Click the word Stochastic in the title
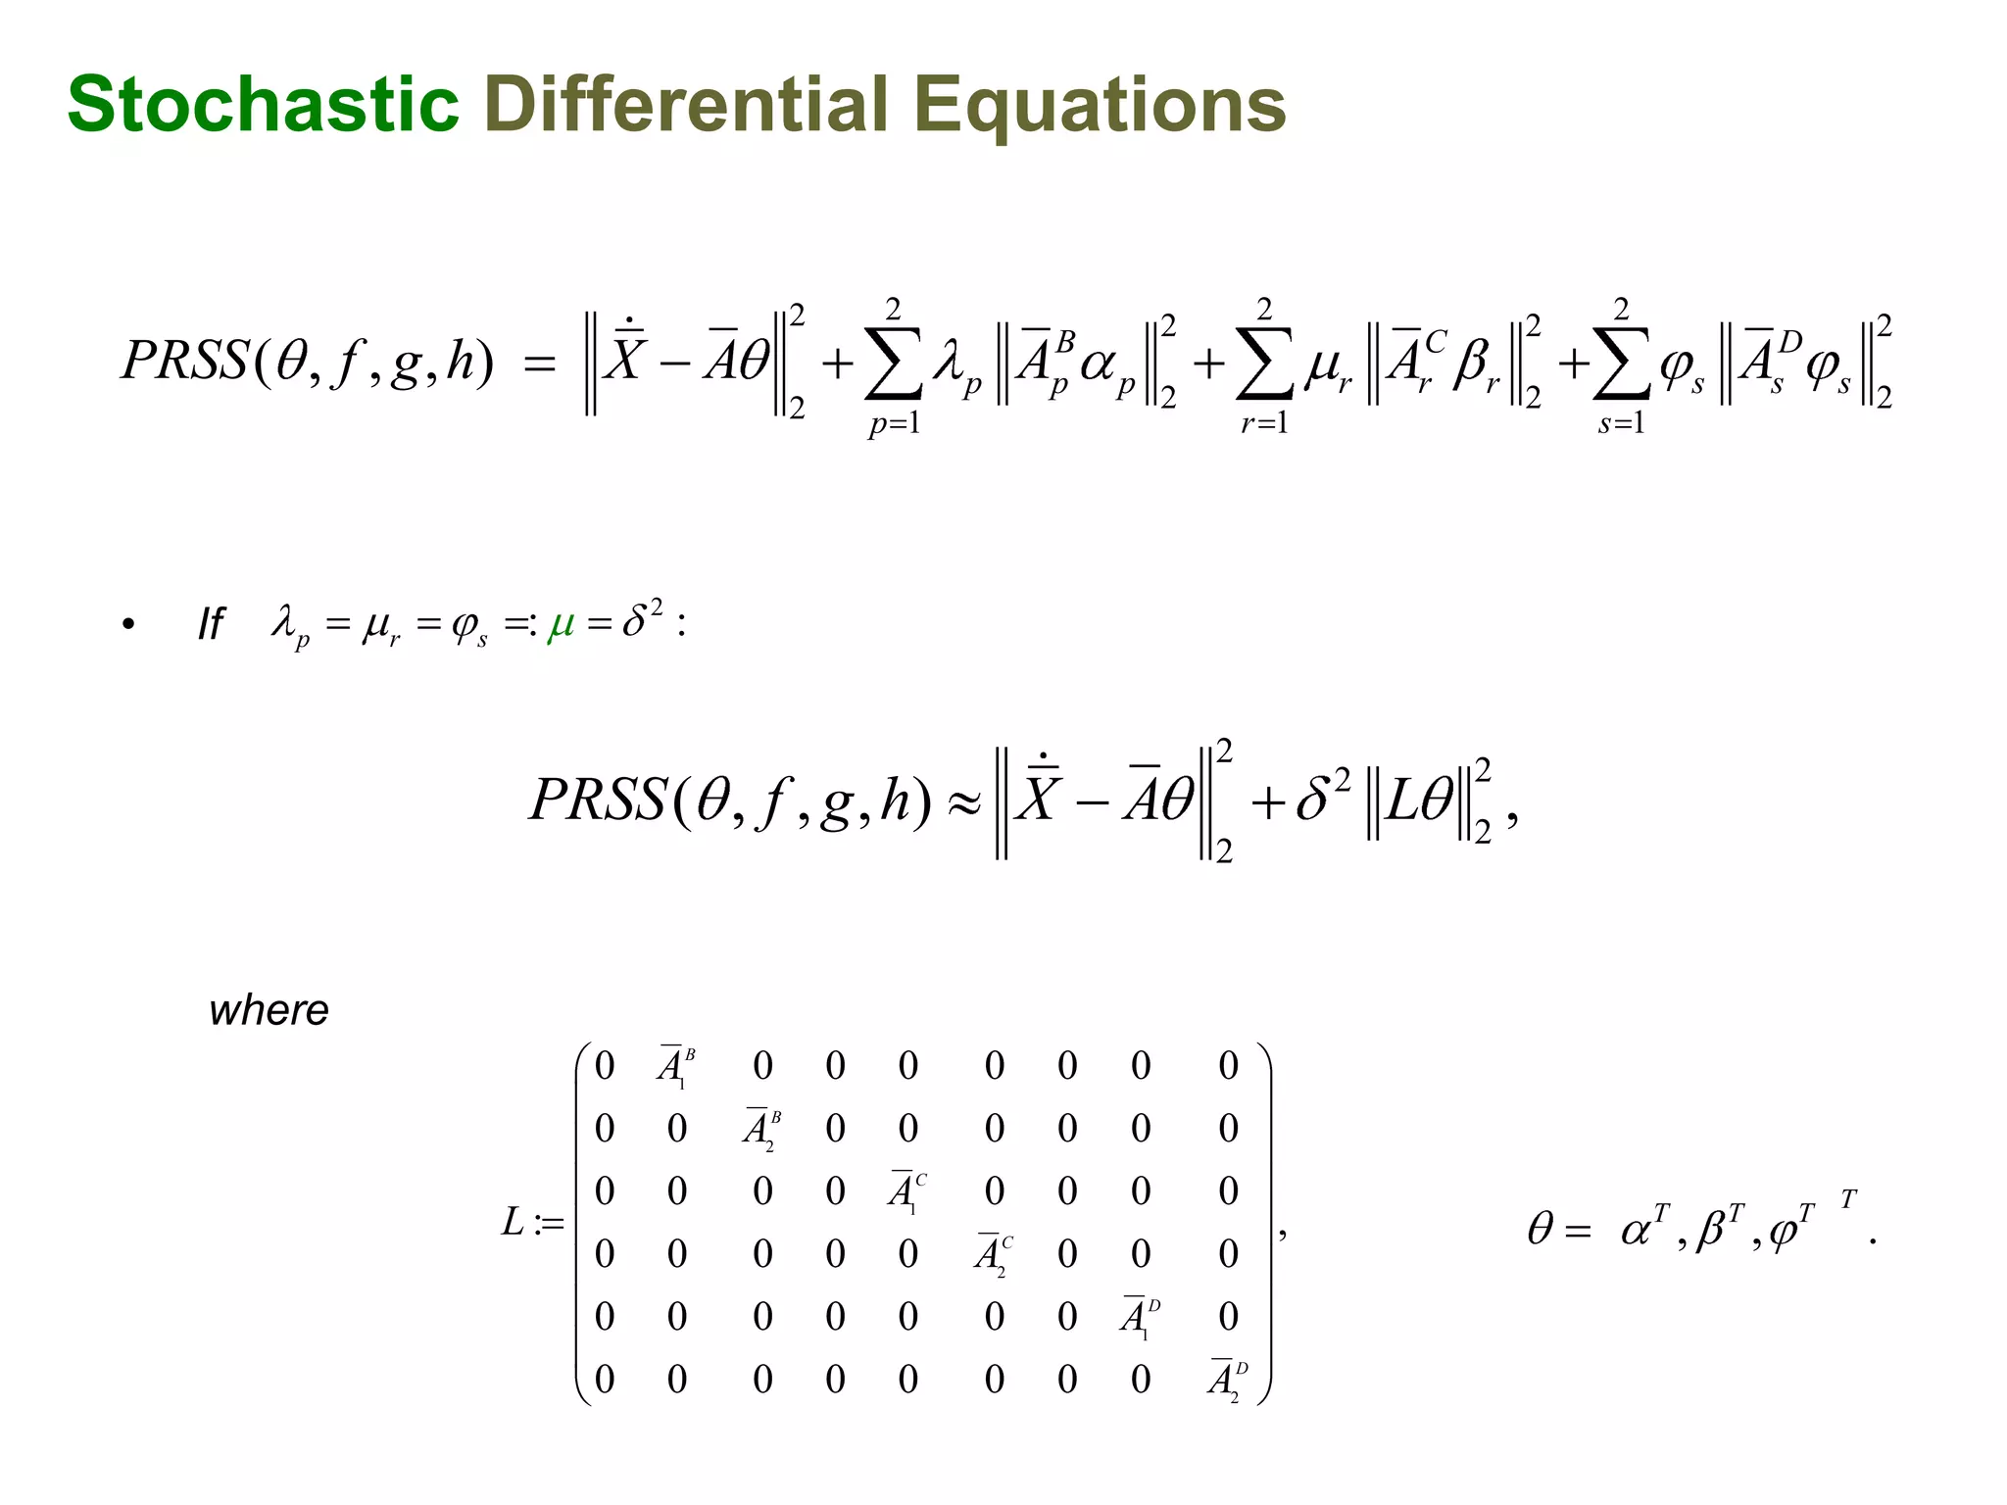pyautogui.click(x=263, y=104)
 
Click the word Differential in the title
pyautogui.click(x=686, y=104)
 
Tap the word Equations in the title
pyautogui.click(x=1099, y=106)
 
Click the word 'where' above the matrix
pyautogui.click(x=269, y=1010)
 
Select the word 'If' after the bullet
pyautogui.click(x=211, y=624)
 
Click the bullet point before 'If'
pyautogui.click(x=128, y=624)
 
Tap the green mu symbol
pyautogui.click(x=562, y=623)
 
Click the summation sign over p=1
pyautogui.click(x=893, y=365)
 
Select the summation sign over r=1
pyautogui.click(x=1264, y=365)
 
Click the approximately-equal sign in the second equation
pyautogui.click(x=963, y=802)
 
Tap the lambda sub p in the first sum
pyautogui.click(x=956, y=369)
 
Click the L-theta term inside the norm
pyautogui.click(x=1420, y=802)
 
